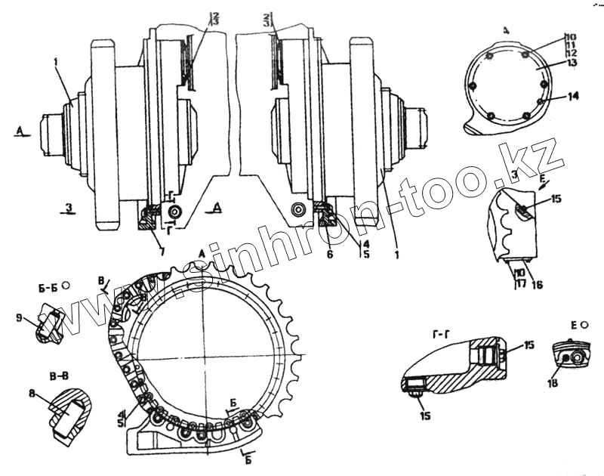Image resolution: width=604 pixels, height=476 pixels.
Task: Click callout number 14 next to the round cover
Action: coord(573,97)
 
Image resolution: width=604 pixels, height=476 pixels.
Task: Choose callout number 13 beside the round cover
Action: coord(572,65)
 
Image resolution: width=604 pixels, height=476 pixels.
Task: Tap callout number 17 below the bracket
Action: coord(519,284)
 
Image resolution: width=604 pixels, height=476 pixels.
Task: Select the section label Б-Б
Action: coord(48,287)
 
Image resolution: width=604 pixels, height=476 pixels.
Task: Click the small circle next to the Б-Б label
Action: coord(66,286)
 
